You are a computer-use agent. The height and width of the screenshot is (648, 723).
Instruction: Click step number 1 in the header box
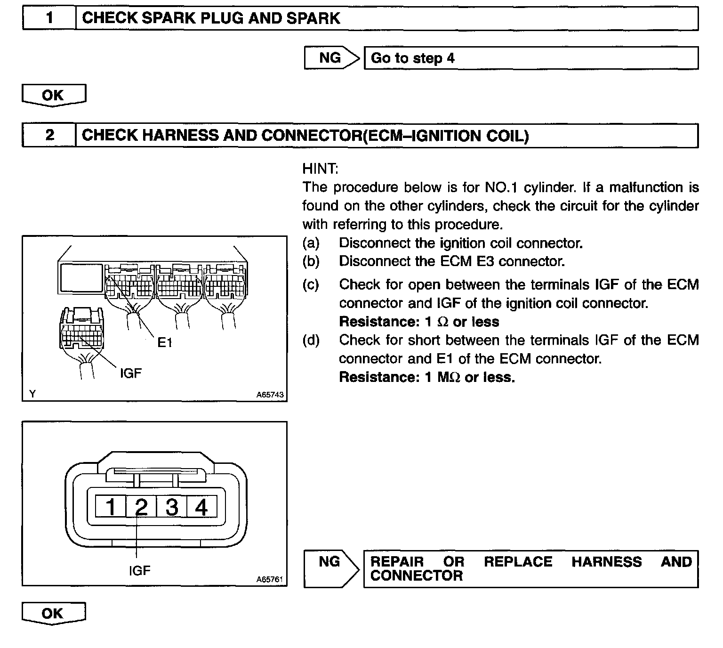(x=49, y=19)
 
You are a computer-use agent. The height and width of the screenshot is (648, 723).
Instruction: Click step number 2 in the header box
(x=49, y=136)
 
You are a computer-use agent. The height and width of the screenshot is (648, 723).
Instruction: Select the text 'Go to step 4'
(x=413, y=58)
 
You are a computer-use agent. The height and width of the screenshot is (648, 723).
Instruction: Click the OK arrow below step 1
(x=54, y=96)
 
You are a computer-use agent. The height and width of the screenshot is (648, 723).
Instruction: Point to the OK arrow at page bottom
(x=54, y=614)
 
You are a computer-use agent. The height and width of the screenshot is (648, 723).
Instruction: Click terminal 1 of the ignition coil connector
(x=111, y=507)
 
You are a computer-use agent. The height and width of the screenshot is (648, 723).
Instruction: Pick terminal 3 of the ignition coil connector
(x=172, y=507)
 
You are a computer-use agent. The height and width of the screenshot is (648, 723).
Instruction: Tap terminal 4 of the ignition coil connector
(x=201, y=507)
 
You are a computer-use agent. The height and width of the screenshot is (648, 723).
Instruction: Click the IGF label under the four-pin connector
(x=140, y=571)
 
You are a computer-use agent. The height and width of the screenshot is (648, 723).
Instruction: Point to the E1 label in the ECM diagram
(x=165, y=343)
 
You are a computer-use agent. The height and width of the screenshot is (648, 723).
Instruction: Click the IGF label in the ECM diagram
(x=130, y=373)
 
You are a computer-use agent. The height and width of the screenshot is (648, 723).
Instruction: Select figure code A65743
(x=270, y=395)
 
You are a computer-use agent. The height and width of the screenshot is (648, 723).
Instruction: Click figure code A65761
(x=270, y=580)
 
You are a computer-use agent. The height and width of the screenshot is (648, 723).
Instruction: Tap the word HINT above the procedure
(x=320, y=169)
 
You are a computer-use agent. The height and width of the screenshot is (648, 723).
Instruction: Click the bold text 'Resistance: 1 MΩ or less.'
(x=427, y=377)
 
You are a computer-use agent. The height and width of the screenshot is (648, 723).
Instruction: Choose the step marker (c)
(x=311, y=284)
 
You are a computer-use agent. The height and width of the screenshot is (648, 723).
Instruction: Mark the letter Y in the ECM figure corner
(x=32, y=394)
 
